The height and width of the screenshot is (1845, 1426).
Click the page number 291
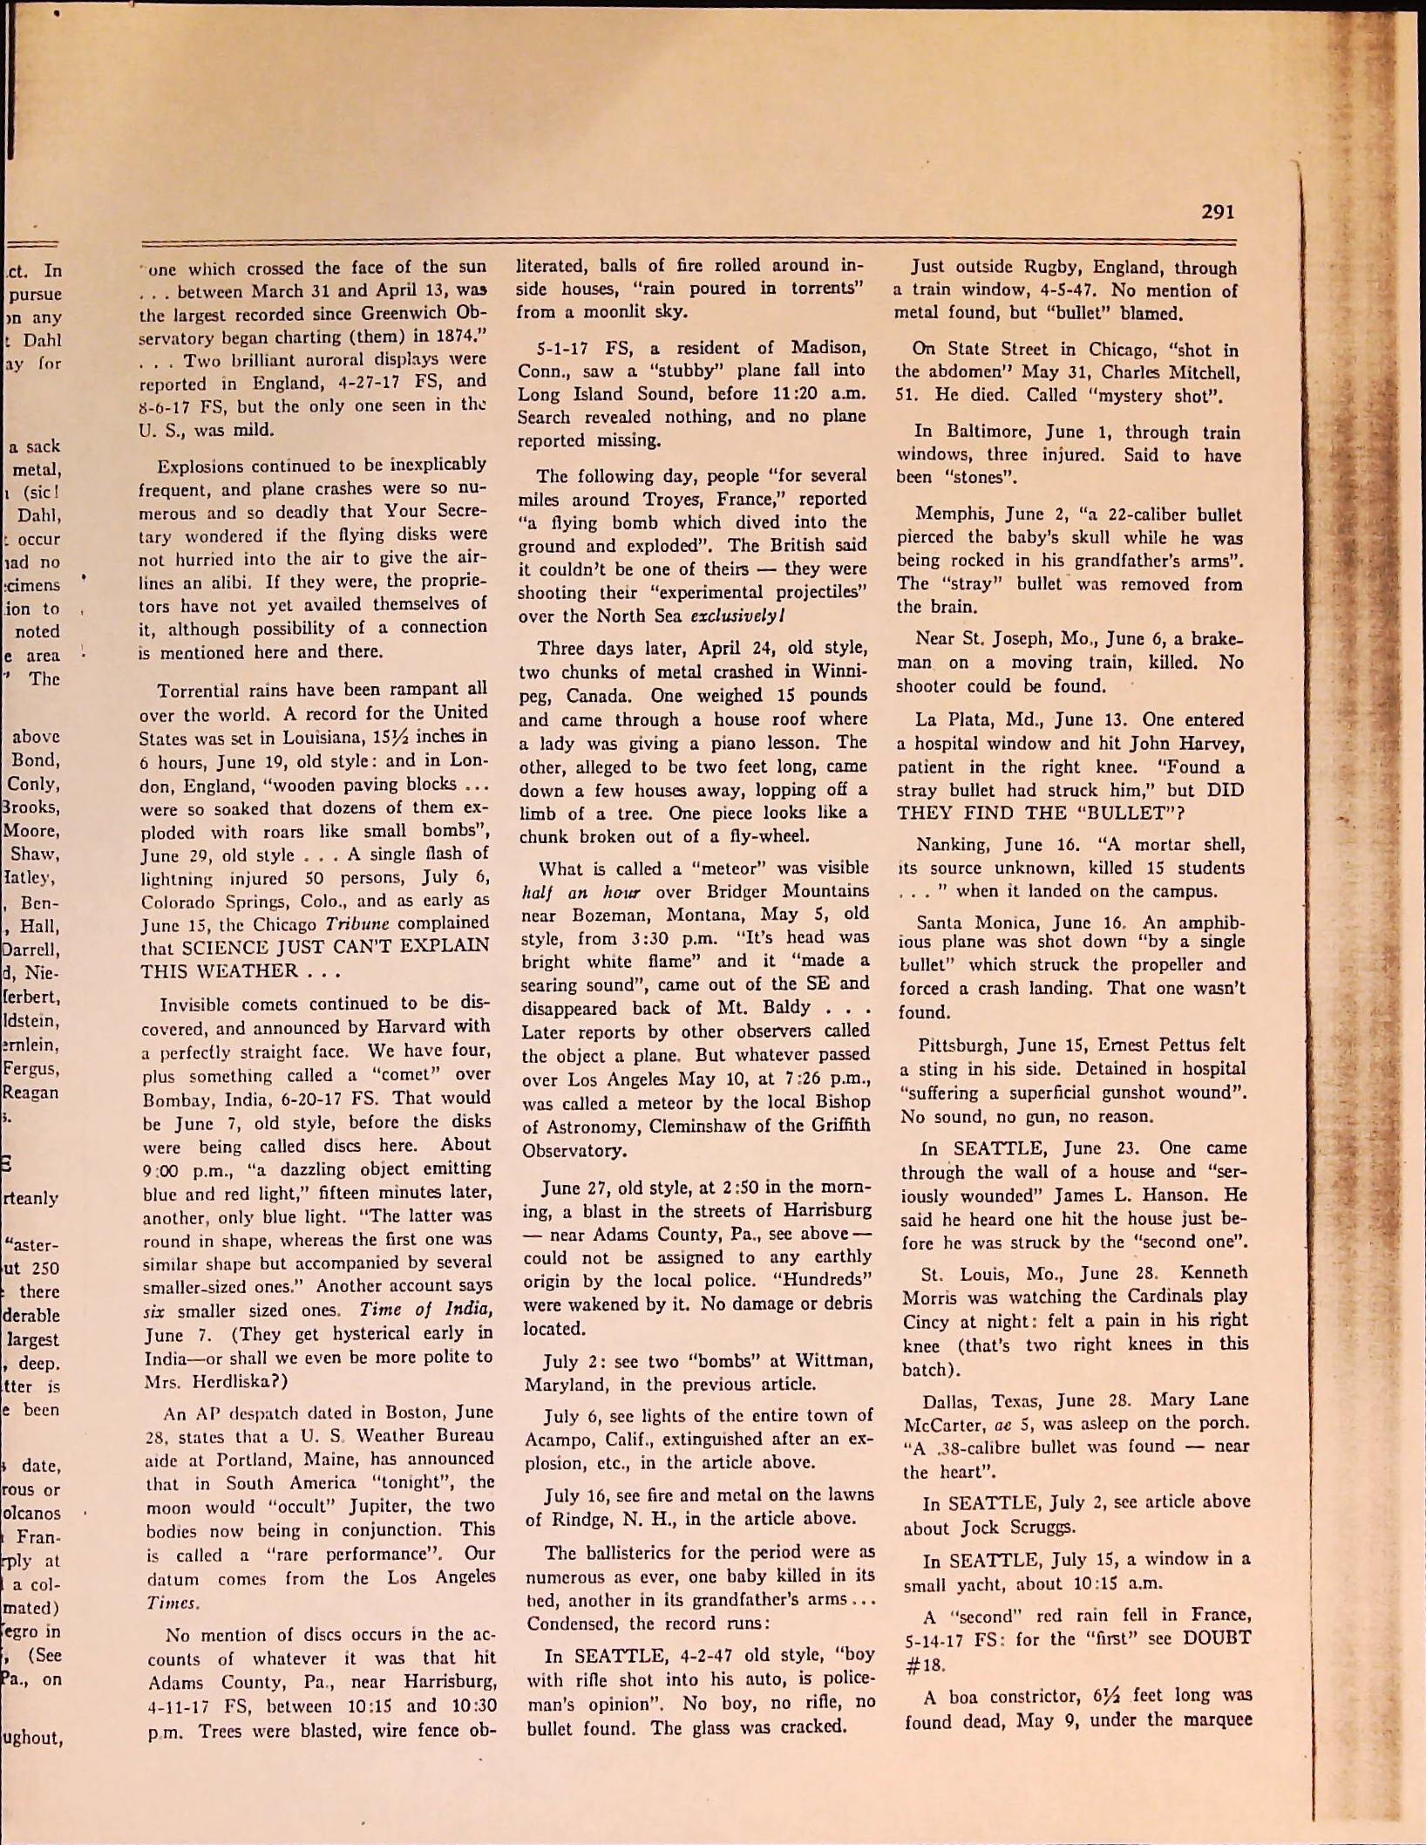click(x=1218, y=212)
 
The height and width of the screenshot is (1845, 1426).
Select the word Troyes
click(x=659, y=500)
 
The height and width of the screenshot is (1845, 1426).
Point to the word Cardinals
click(x=1159, y=1297)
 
